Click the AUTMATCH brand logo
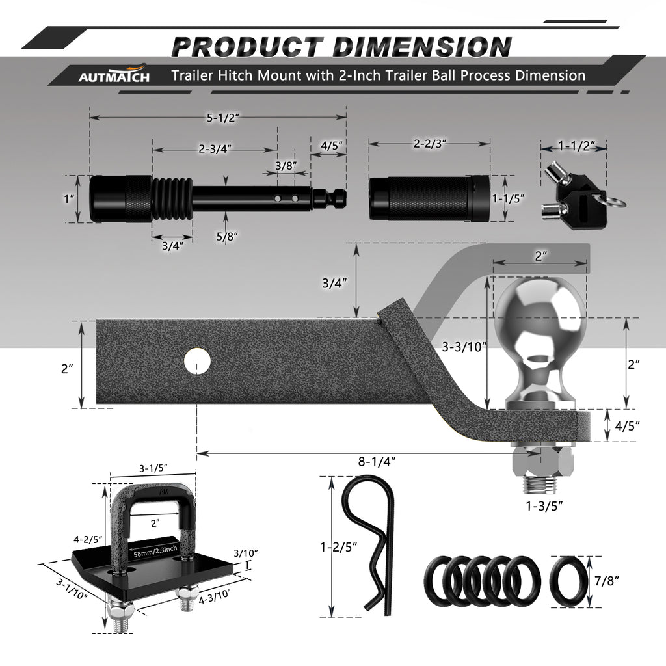114,75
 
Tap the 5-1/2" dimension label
223,118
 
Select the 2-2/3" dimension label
430,144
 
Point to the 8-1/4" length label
377,461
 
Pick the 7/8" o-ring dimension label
607,581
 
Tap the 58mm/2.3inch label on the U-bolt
155,552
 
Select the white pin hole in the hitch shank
198,361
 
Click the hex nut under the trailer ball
543,461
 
